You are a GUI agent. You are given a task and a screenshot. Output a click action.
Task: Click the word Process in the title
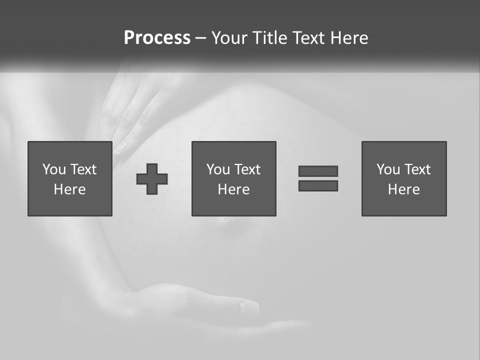pyautogui.click(x=157, y=38)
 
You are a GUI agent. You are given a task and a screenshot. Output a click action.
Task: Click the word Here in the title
pyautogui.click(x=349, y=38)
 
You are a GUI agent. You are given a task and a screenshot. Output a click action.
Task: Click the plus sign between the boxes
pyautogui.click(x=152, y=179)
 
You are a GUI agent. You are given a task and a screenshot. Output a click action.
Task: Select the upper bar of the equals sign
pyautogui.click(x=318, y=171)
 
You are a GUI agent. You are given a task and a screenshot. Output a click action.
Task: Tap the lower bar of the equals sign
pyautogui.click(x=318, y=185)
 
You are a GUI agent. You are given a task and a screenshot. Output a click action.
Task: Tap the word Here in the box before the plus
pyautogui.click(x=69, y=189)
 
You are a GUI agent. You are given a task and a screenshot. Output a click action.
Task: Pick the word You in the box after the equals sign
pyautogui.click(x=388, y=169)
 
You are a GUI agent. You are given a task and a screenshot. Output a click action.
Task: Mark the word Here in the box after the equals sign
pyautogui.click(x=403, y=189)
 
